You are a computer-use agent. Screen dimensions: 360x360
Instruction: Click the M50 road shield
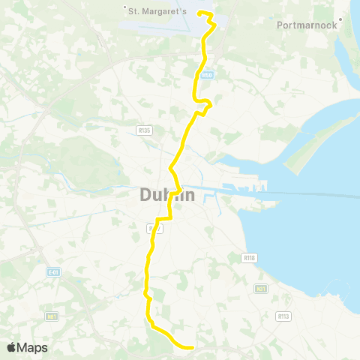[208, 75]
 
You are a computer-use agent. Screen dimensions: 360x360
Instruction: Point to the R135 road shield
[145, 130]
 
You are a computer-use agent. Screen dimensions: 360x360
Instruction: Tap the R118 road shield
[250, 257]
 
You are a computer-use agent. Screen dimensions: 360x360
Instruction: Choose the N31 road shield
[261, 288]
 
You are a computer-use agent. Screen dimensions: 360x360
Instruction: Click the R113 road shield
[283, 316]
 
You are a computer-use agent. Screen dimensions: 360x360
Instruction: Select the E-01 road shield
[52, 272]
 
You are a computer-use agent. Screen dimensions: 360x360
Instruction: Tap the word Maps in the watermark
[32, 347]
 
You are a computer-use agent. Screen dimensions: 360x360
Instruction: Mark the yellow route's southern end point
[193, 347]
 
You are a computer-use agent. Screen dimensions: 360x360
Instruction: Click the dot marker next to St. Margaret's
[124, 10]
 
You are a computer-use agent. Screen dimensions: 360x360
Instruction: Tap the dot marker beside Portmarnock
[340, 20]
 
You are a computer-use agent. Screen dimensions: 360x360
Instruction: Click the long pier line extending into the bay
[300, 193]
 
